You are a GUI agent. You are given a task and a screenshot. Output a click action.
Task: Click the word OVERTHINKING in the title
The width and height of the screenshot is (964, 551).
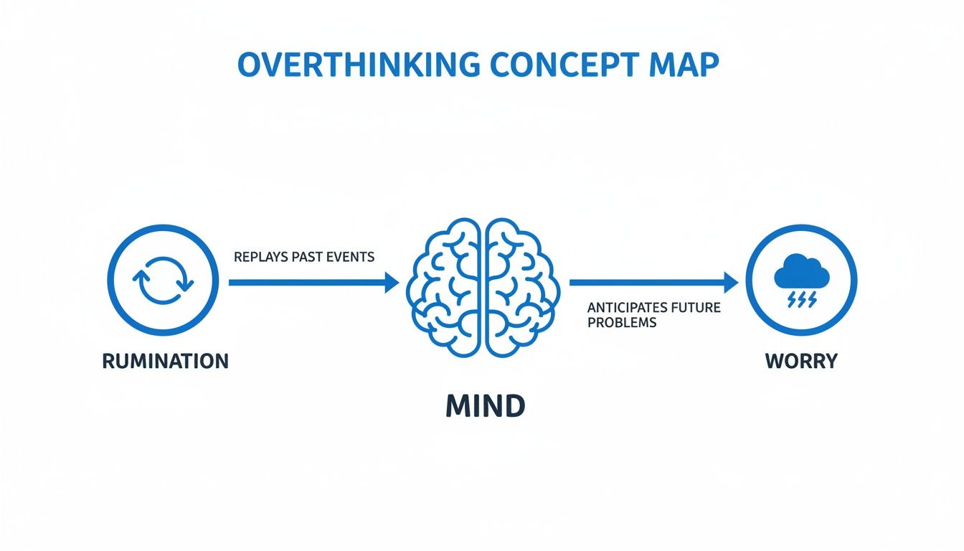point(359,65)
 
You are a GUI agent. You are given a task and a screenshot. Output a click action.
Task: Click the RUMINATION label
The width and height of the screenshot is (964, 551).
point(165,361)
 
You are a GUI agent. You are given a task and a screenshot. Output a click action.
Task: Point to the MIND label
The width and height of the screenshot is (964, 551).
point(485,407)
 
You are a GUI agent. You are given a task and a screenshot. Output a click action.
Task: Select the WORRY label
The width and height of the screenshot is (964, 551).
point(801,361)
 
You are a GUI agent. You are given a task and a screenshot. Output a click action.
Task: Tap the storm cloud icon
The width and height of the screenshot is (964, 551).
point(801,273)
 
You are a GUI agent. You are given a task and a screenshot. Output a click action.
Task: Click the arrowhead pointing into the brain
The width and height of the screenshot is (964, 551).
point(392,283)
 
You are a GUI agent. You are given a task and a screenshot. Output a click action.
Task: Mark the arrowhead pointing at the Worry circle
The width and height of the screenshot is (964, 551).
point(731,283)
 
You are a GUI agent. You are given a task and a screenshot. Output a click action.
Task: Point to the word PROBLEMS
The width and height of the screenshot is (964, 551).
point(621,323)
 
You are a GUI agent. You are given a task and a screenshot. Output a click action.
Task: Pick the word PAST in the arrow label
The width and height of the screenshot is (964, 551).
point(306,257)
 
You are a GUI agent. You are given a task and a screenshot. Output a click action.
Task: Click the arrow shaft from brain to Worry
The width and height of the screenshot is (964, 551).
point(646,283)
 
